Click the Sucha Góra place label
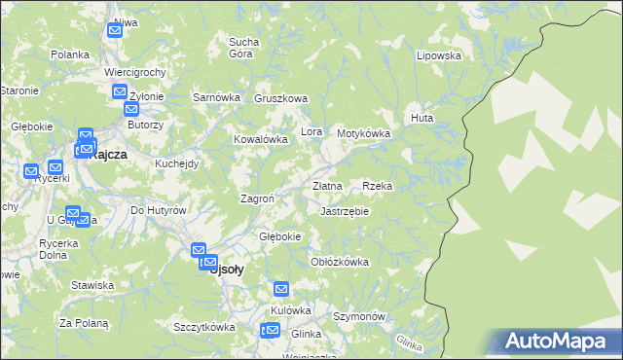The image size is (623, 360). click(241, 47)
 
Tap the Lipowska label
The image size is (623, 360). click(438, 55)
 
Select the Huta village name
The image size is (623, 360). click(421, 118)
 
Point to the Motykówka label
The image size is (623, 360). click(363, 133)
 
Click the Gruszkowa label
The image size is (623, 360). click(280, 98)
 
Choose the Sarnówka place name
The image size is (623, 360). click(216, 97)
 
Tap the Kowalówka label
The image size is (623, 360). click(260, 139)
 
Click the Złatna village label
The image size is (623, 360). click(327, 185)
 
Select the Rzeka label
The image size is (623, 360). click(377, 185)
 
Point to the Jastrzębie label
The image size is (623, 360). click(345, 210)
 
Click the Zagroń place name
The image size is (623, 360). click(257, 198)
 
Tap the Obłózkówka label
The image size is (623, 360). click(339, 262)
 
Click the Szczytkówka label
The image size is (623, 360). click(203, 327)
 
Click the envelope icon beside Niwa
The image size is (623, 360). click(115, 30)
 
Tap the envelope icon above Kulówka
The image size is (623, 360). click(281, 289)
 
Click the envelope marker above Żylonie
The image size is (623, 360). click(120, 93)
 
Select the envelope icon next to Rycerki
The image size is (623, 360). click(31, 171)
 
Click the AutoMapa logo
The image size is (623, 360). click(557, 341)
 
